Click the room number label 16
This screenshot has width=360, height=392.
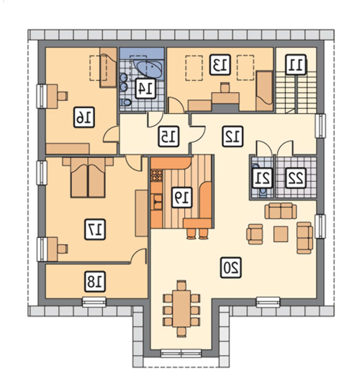point(84,118)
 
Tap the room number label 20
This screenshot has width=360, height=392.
point(231,268)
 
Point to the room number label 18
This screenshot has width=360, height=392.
point(95,282)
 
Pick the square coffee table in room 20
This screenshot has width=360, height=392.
point(280,234)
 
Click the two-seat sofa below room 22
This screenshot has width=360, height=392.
point(280,211)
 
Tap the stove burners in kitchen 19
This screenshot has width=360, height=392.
point(157,175)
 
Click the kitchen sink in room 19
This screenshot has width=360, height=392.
point(157,202)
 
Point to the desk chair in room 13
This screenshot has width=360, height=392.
point(225,87)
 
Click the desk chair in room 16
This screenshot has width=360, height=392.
point(62,96)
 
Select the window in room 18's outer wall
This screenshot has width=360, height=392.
point(94,302)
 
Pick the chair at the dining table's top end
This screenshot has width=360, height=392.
point(181,285)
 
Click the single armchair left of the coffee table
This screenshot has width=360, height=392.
point(255,234)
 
